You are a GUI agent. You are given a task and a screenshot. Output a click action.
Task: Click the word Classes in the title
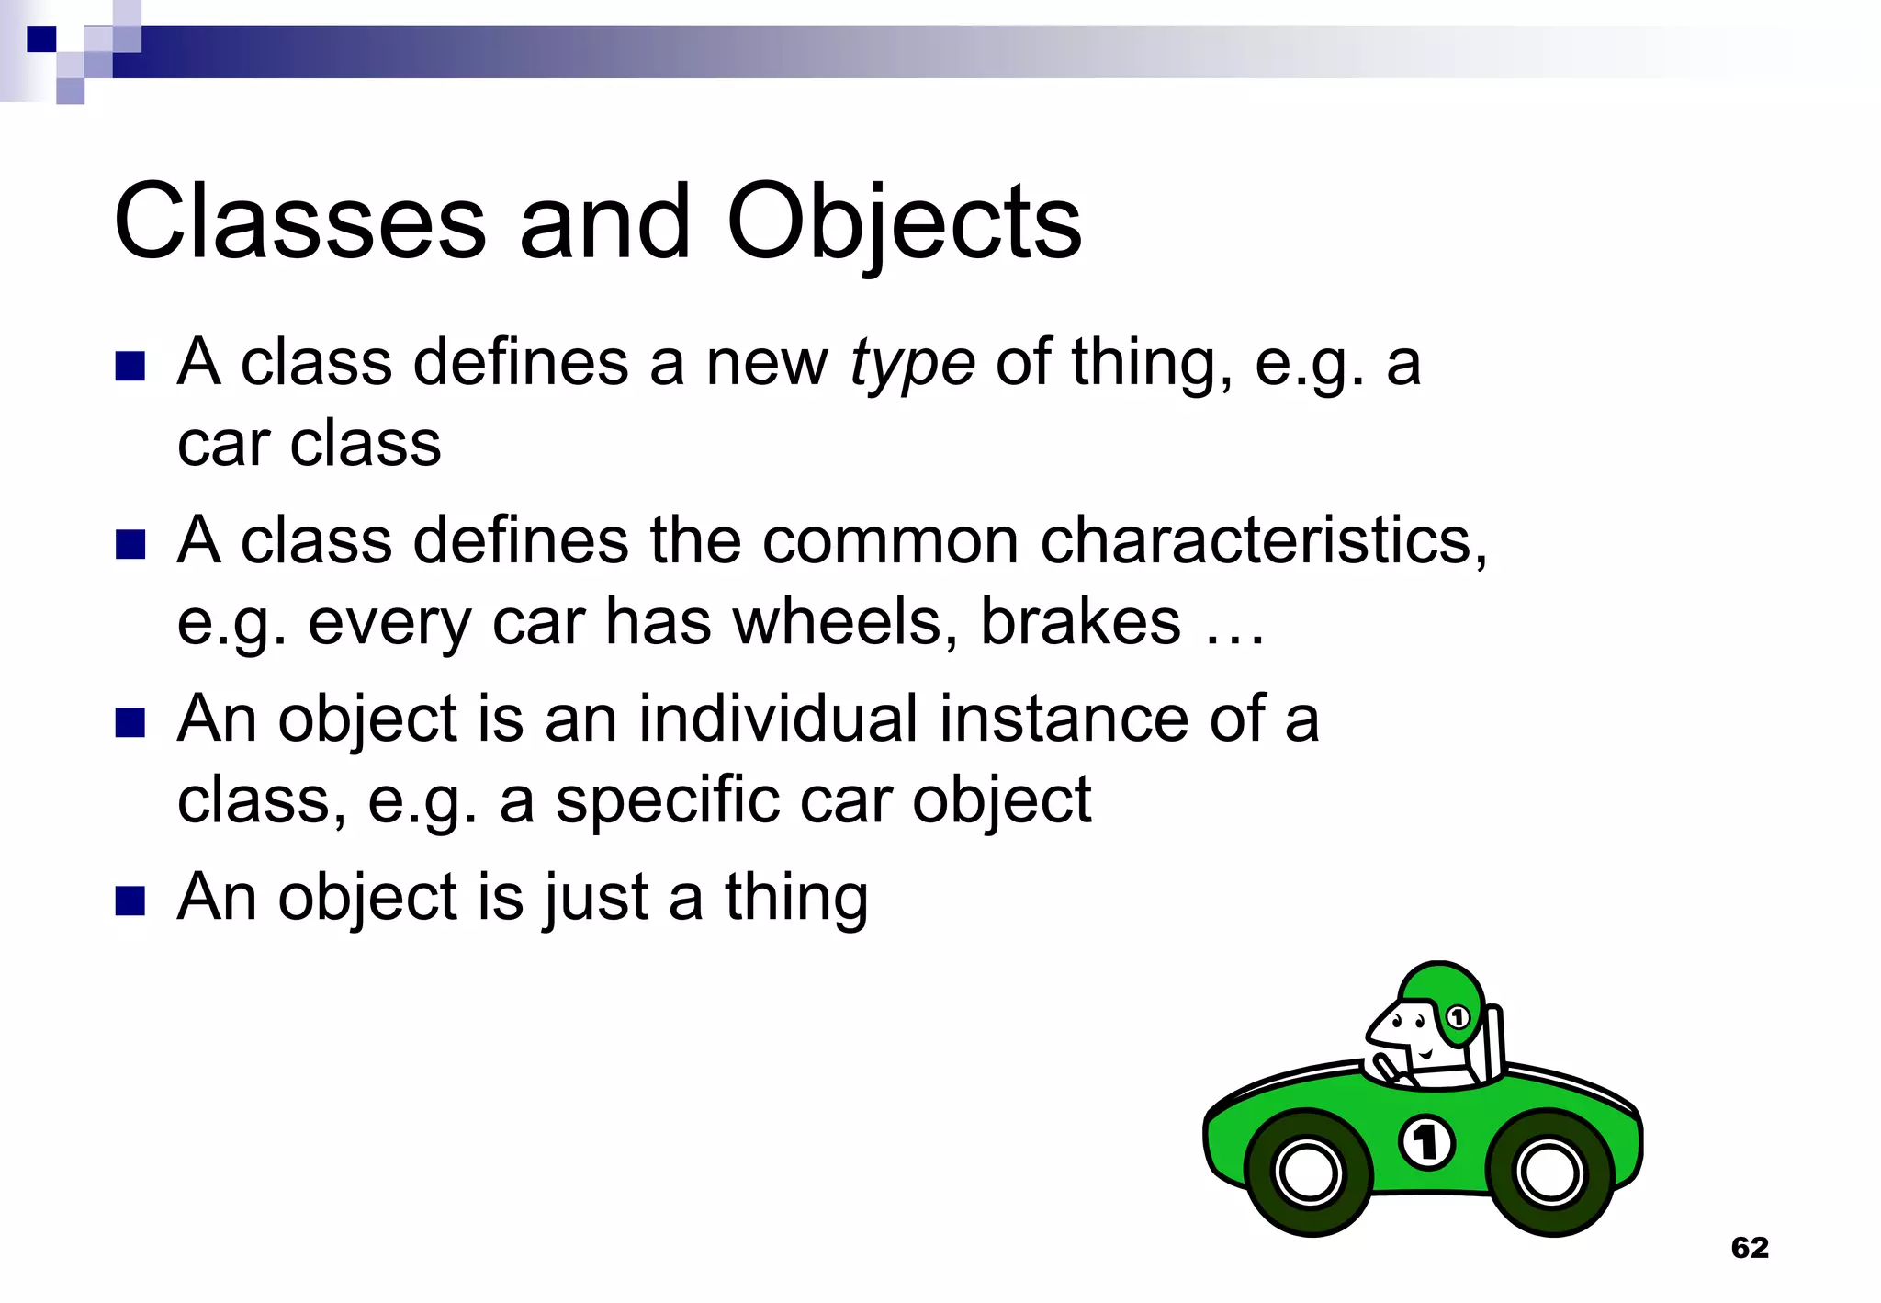(x=299, y=222)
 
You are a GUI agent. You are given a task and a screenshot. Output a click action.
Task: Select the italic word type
(x=911, y=366)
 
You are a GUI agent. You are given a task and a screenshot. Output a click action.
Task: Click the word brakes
(x=1080, y=622)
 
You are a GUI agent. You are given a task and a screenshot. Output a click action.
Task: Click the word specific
(x=668, y=800)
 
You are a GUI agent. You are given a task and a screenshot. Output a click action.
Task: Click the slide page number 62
(x=1749, y=1247)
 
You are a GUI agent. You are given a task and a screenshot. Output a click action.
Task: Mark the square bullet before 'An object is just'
(x=130, y=901)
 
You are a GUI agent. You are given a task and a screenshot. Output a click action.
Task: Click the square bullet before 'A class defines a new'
(x=130, y=366)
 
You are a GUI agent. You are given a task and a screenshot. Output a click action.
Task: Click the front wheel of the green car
(x=1308, y=1173)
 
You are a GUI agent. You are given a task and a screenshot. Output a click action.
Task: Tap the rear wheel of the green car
(x=1549, y=1173)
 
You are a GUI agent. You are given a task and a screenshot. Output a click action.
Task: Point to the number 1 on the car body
(x=1426, y=1142)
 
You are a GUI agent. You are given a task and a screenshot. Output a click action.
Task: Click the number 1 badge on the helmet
(x=1458, y=1017)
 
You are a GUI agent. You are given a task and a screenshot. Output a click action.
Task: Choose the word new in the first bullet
(x=766, y=364)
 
